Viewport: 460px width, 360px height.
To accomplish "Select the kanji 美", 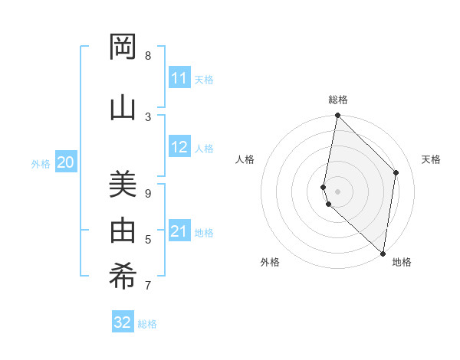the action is pyautogui.click(x=123, y=185).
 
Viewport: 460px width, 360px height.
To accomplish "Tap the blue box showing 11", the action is pyautogui.click(x=179, y=78).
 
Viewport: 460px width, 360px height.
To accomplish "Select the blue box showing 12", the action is pyautogui.click(x=179, y=147).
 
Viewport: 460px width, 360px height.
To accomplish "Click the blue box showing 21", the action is pyautogui.click(x=179, y=231).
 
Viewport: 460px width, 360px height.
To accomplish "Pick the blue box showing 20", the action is pyautogui.click(x=66, y=162).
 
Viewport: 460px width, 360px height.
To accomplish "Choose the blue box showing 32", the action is pyautogui.click(x=123, y=322).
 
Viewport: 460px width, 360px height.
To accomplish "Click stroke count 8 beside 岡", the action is pyautogui.click(x=148, y=56).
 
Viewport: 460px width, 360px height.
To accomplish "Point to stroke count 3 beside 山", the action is pyautogui.click(x=148, y=116).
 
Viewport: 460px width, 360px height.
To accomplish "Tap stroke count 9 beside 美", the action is pyautogui.click(x=148, y=193).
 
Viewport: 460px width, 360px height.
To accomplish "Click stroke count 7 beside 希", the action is pyautogui.click(x=148, y=286).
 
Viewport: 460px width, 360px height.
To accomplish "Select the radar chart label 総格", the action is pyautogui.click(x=338, y=100).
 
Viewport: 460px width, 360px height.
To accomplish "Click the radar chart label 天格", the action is pyautogui.click(x=432, y=159).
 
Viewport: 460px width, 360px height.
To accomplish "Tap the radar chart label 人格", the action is pyautogui.click(x=245, y=159).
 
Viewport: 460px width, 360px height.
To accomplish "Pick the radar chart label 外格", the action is pyautogui.click(x=270, y=262).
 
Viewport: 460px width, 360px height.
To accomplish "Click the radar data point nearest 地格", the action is pyautogui.click(x=383, y=253).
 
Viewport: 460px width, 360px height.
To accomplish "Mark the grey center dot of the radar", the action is pyautogui.click(x=338, y=191).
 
